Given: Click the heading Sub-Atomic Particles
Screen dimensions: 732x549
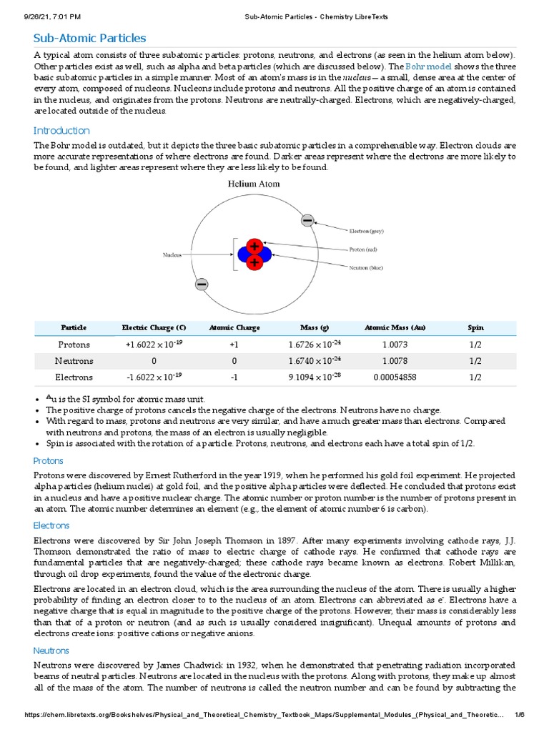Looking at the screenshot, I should pyautogui.click(x=89, y=38).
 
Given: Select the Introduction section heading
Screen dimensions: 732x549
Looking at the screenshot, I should pyautogui.click(x=61, y=131).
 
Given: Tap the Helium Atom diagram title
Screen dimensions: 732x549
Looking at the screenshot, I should pyautogui.click(x=253, y=184).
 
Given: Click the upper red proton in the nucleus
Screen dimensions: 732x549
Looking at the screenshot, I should pyautogui.click(x=254, y=246).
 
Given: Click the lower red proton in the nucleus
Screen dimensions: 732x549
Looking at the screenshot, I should pyautogui.click(x=254, y=263).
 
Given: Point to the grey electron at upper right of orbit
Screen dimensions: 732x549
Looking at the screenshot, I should pyautogui.click(x=307, y=221).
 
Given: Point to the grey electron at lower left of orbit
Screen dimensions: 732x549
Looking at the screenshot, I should pyautogui.click(x=202, y=285).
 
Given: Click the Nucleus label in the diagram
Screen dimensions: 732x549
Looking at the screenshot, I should pyautogui.click(x=172, y=254).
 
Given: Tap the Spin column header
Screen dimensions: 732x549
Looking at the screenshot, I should pyautogui.click(x=475, y=327).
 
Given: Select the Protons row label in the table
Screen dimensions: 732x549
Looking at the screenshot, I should pyautogui.click(x=74, y=345).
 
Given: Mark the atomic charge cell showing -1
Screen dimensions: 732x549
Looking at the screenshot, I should pyautogui.click(x=234, y=377).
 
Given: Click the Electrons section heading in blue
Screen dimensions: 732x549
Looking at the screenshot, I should pyautogui.click(x=51, y=525).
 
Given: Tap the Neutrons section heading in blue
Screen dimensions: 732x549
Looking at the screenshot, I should pyautogui.click(x=51, y=651).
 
